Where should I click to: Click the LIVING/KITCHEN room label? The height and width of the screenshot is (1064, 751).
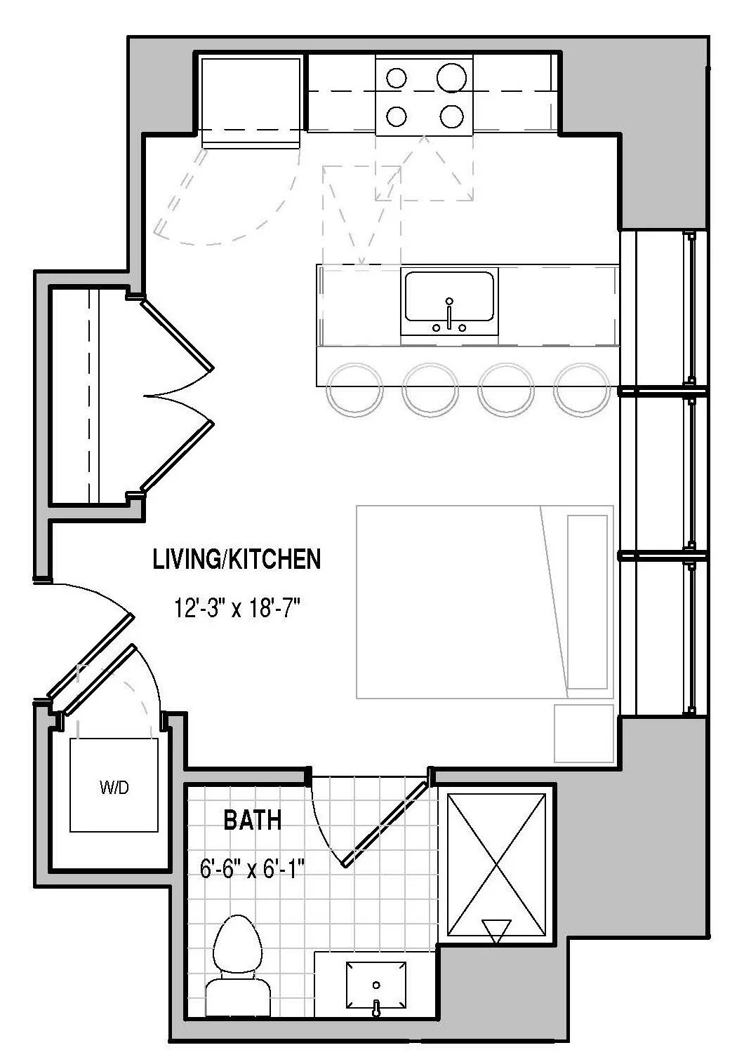pyautogui.click(x=237, y=559)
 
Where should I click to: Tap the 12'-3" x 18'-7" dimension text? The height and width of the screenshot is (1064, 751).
pyautogui.click(x=239, y=609)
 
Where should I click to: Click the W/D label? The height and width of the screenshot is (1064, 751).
pyautogui.click(x=114, y=788)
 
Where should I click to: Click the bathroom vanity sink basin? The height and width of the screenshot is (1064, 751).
pyautogui.click(x=376, y=985)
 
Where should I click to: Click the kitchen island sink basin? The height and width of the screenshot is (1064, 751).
pyautogui.click(x=448, y=297)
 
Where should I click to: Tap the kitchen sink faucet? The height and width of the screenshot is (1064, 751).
pyautogui.click(x=448, y=314)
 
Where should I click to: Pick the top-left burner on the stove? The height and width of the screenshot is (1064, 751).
pyautogui.click(x=396, y=78)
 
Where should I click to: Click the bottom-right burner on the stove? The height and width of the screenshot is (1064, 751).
pyautogui.click(x=451, y=116)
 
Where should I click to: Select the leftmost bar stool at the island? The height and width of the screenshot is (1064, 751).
pyautogui.click(x=354, y=389)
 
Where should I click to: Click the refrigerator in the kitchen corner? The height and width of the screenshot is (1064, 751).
pyautogui.click(x=251, y=102)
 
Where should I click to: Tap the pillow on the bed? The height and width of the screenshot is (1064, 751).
pyautogui.click(x=588, y=602)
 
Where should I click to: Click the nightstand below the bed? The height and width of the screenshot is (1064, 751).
pyautogui.click(x=584, y=734)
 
